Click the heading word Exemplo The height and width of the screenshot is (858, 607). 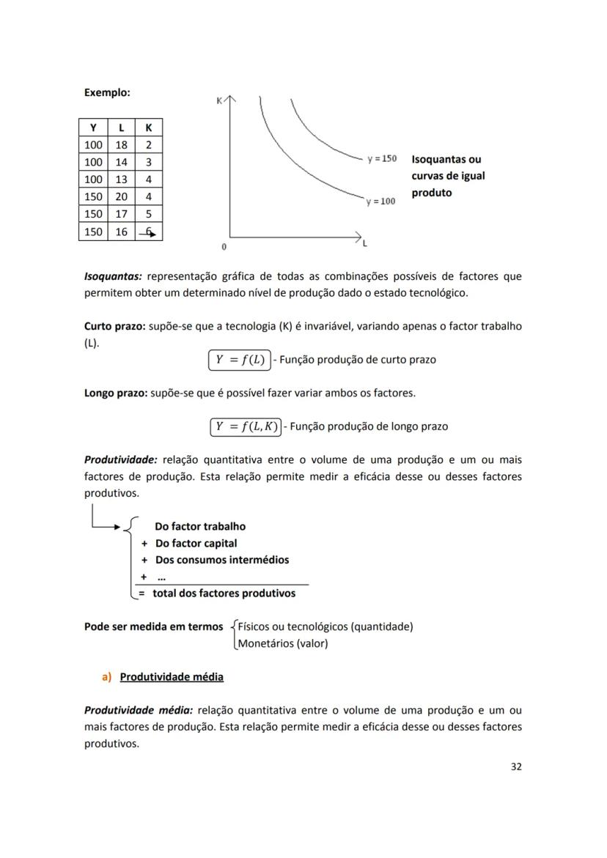tap(107, 93)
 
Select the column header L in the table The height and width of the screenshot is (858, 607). tap(121, 127)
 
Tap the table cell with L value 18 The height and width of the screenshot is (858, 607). tap(121, 145)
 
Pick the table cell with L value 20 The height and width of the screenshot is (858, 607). tap(121, 196)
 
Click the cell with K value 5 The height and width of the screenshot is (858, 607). tap(149, 214)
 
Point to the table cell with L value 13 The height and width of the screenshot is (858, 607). tap(121, 179)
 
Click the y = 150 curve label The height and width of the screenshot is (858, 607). tap(382, 159)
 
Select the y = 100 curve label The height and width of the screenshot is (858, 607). tap(380, 201)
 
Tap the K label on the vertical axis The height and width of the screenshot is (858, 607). tap(219, 101)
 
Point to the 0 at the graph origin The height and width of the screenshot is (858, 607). tap(224, 245)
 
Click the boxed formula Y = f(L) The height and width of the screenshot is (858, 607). tap(240, 360)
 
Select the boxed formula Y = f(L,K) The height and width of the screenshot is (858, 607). tap(246, 426)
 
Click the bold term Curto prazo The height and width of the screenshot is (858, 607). tap(115, 326)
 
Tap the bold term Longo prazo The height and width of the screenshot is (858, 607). tap(116, 393)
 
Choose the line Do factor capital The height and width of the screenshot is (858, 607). tap(196, 543)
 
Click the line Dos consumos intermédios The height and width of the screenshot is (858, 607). tap(221, 560)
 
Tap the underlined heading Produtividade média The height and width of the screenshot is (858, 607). tap(172, 676)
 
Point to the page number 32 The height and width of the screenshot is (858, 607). tap(516, 766)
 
